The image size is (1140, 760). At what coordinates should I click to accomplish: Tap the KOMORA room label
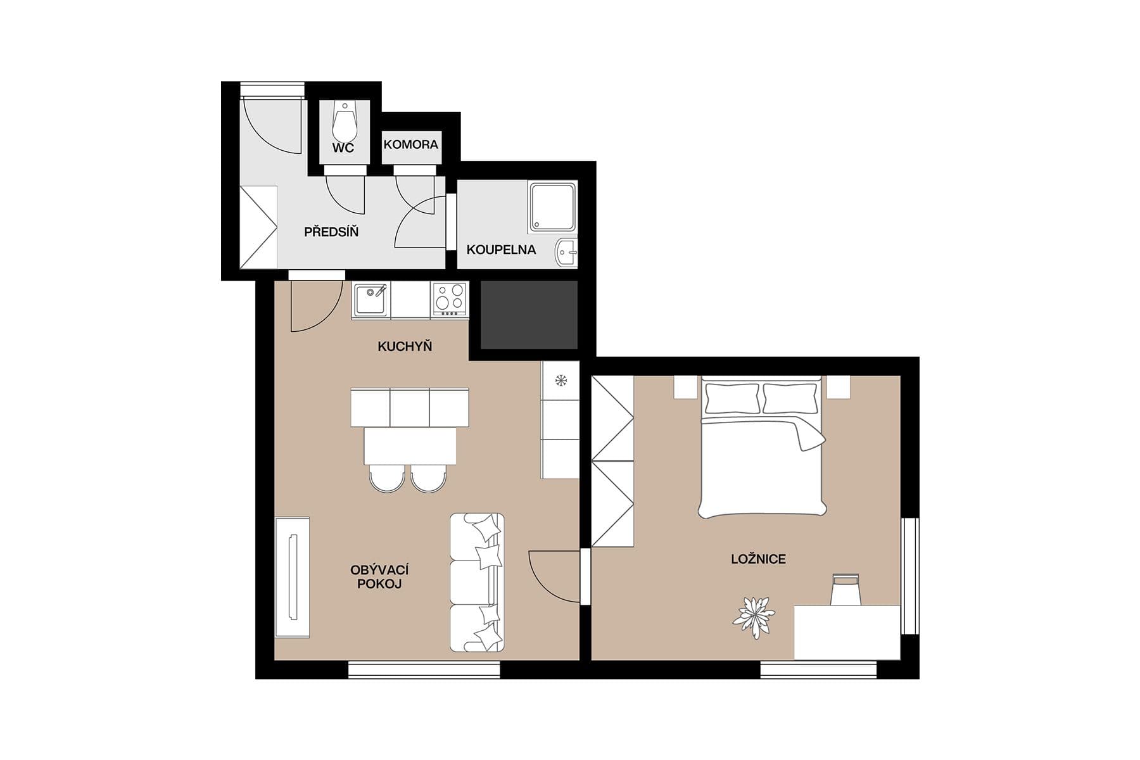click(x=410, y=144)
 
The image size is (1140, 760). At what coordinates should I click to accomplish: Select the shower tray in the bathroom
click(x=552, y=207)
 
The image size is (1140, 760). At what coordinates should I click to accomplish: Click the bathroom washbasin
click(x=566, y=253)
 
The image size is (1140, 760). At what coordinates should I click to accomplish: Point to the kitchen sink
click(x=370, y=300)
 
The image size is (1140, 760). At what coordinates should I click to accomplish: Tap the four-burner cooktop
click(x=450, y=299)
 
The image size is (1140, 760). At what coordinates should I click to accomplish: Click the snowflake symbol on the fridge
click(x=560, y=381)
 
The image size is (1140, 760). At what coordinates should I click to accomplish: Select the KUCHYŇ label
click(x=404, y=346)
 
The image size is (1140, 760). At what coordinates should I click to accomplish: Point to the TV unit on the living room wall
click(x=292, y=577)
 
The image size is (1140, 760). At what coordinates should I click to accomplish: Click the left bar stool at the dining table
click(x=387, y=478)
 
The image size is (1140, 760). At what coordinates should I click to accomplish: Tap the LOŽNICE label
click(x=757, y=559)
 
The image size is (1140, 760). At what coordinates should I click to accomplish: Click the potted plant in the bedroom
click(x=753, y=616)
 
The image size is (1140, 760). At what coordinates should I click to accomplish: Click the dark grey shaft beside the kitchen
click(x=529, y=315)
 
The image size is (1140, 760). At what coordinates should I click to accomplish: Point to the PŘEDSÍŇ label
click(x=331, y=232)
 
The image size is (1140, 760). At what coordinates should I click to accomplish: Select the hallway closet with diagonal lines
click(x=258, y=227)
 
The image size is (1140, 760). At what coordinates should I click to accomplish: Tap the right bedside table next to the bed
click(x=838, y=387)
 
